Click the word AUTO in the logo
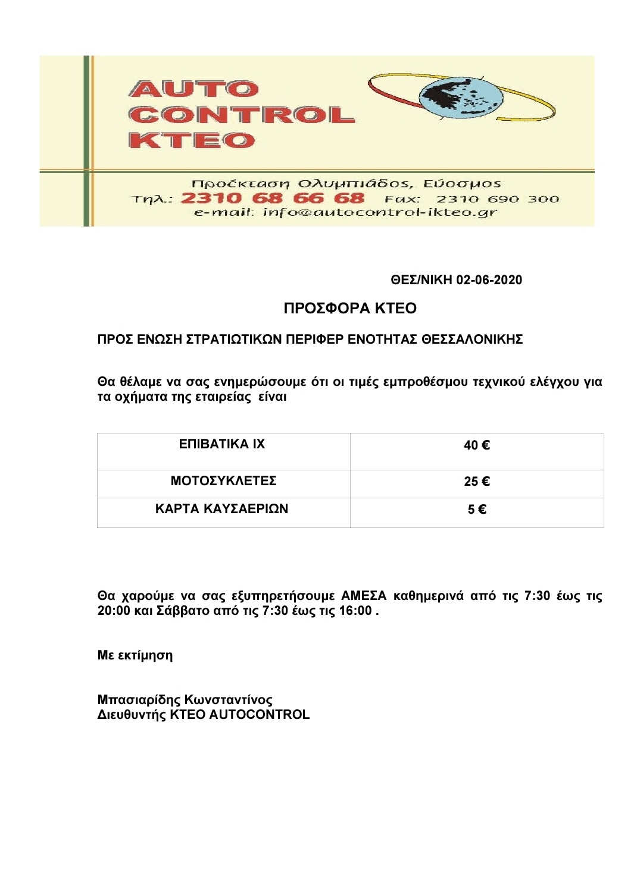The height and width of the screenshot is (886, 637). [x=193, y=89]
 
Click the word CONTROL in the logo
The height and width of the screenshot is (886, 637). [x=241, y=115]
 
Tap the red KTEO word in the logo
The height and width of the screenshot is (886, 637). [x=192, y=140]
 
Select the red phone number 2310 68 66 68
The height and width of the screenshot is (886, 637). [x=272, y=198]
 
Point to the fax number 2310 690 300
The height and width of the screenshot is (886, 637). [x=498, y=199]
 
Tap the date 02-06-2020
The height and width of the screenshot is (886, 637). [x=489, y=280]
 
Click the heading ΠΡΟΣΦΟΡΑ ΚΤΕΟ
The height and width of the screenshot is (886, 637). [x=350, y=308]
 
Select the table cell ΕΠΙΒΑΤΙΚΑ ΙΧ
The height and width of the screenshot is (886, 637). [x=222, y=444]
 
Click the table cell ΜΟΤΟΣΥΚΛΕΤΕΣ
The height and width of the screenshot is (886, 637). [x=223, y=481]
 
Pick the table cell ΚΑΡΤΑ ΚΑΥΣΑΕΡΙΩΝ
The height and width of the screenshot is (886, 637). [x=221, y=509]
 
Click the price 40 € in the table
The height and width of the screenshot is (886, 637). [x=477, y=445]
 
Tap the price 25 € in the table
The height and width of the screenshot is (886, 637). [x=477, y=482]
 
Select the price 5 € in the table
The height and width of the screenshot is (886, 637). [x=477, y=510]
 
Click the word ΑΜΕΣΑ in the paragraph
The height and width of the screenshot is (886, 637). [x=363, y=596]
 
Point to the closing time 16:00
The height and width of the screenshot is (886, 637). [x=355, y=611]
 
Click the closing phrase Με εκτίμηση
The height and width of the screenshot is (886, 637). [x=135, y=655]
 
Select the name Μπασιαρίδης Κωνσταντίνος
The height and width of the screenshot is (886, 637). [x=185, y=700]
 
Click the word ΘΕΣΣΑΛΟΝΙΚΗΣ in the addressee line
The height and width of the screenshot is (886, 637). [x=472, y=340]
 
